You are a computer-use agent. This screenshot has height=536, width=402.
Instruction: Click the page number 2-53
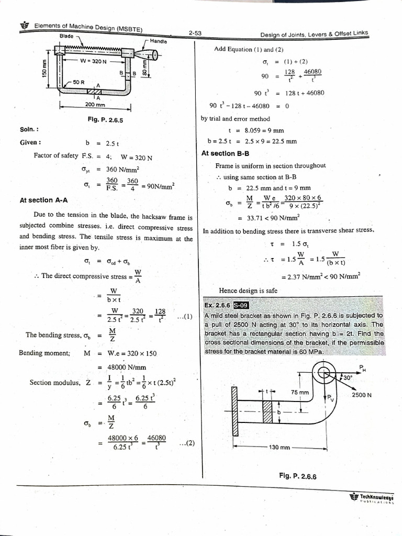[195, 33]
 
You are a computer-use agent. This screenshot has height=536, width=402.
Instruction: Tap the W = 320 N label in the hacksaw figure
[93, 61]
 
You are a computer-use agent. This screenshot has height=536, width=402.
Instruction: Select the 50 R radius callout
[79, 82]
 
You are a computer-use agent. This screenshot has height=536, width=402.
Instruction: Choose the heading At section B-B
[226, 153]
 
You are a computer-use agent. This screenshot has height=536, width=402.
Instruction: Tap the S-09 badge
[241, 305]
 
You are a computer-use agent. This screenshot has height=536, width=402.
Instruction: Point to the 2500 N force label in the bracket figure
[362, 395]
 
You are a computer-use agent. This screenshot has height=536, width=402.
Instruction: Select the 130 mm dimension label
[280, 448]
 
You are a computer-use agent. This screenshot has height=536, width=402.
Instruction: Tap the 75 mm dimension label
[300, 392]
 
